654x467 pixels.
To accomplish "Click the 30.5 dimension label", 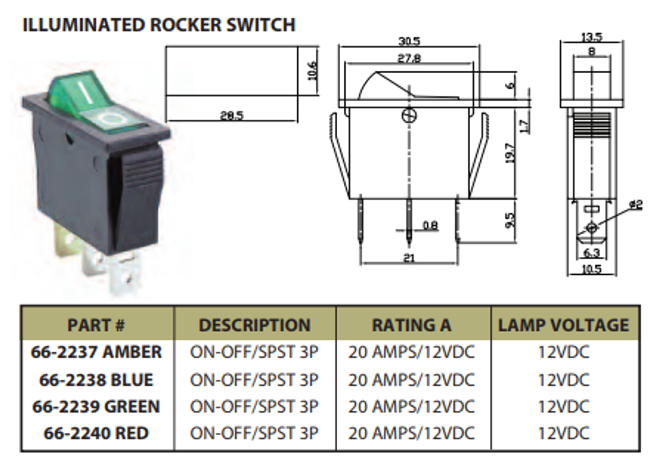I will click(x=409, y=41).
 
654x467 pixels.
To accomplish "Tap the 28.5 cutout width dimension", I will click(x=231, y=116).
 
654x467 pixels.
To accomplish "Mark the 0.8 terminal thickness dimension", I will click(x=430, y=225).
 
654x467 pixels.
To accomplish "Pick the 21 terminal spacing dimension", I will click(x=409, y=258).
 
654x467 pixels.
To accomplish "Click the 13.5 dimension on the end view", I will click(x=592, y=37).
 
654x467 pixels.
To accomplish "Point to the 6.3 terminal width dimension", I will click(x=592, y=252).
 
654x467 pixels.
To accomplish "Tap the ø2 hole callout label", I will click(x=636, y=204).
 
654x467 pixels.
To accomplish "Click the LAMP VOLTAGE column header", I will click(x=564, y=325).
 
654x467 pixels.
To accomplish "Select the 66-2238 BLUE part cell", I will click(x=96, y=380).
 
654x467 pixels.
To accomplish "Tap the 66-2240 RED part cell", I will click(x=96, y=433).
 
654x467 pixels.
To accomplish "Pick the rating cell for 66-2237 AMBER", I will click(x=412, y=352).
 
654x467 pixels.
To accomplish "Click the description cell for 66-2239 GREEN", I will click(x=254, y=407).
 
